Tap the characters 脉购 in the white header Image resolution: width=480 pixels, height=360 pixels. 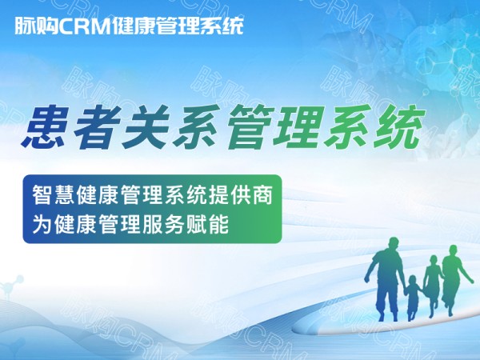pos(37,26)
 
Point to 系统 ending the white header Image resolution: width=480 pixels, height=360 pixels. pos(221,26)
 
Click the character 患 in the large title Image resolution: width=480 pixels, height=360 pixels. pos(45,126)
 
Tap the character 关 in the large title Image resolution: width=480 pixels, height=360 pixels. pos(145,126)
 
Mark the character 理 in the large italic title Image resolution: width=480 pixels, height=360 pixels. pos(298,126)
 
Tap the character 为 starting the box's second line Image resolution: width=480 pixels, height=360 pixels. pos(42,224)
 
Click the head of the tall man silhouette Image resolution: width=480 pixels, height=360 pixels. pos(394,244)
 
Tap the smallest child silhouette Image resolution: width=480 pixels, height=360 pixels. pos(412,298)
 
